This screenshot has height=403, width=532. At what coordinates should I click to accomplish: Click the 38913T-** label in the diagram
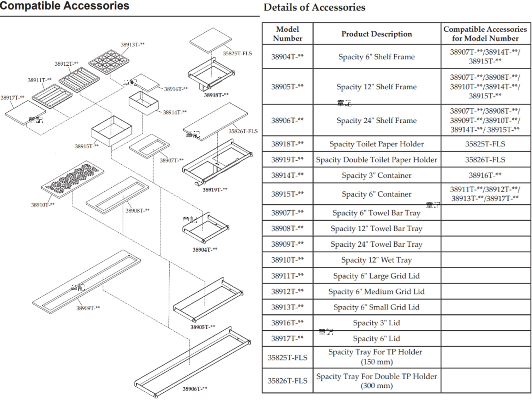tap(132, 45)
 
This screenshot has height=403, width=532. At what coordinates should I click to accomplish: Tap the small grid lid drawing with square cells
tap(109, 62)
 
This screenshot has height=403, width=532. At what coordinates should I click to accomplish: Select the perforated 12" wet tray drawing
tap(73, 179)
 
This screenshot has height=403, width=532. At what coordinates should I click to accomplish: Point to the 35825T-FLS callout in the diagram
tap(237, 53)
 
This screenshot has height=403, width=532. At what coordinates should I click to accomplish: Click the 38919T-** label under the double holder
tap(215, 189)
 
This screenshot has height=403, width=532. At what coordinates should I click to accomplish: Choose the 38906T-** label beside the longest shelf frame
tap(195, 389)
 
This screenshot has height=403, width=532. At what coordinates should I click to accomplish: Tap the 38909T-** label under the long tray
tap(88, 308)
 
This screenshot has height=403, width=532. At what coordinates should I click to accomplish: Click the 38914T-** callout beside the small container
tap(175, 112)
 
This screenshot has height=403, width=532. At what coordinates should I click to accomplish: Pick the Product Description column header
tap(377, 34)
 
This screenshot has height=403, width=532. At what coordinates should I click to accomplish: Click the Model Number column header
tap(287, 34)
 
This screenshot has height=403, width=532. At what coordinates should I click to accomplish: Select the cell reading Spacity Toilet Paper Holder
tap(377, 144)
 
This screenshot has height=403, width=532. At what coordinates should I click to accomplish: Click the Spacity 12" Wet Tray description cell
tap(377, 260)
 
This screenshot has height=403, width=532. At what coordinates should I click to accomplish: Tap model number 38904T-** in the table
tap(287, 57)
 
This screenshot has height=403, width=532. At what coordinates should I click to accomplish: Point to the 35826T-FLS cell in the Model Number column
tap(287, 381)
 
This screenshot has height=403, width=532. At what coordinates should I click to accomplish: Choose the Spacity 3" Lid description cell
tap(377, 323)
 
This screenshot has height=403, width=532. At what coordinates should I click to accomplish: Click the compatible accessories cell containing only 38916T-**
tap(485, 175)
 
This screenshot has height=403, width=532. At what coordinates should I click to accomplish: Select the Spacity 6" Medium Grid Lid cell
tap(377, 292)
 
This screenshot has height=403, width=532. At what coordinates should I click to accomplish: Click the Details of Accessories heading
tap(315, 7)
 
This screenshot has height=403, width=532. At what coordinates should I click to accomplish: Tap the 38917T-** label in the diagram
tap(12, 98)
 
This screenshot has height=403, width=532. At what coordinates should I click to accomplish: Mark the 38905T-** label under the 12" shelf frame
tap(203, 327)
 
